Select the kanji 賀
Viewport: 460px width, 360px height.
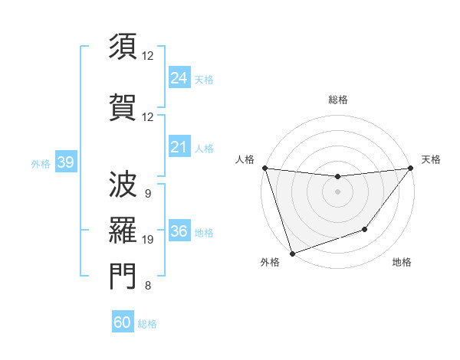123,106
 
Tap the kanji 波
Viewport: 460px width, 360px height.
123,184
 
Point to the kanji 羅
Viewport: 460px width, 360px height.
123,229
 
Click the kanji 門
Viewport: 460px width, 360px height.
123,276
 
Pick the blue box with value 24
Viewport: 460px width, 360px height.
179,77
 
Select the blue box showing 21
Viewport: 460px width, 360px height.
179,147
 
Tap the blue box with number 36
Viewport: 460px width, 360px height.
179,231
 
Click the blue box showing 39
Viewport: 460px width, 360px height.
65,162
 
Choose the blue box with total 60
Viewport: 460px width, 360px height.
123,322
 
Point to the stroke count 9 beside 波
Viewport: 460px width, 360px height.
147,194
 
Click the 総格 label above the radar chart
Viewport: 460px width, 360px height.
337,100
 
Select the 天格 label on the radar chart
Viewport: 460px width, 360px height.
431,159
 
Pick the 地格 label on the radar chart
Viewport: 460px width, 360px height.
402,263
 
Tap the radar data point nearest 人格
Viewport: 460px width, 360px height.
264,168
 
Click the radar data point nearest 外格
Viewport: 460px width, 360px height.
292,253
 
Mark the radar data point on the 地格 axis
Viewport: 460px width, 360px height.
365,229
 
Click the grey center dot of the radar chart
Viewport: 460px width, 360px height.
337,191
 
